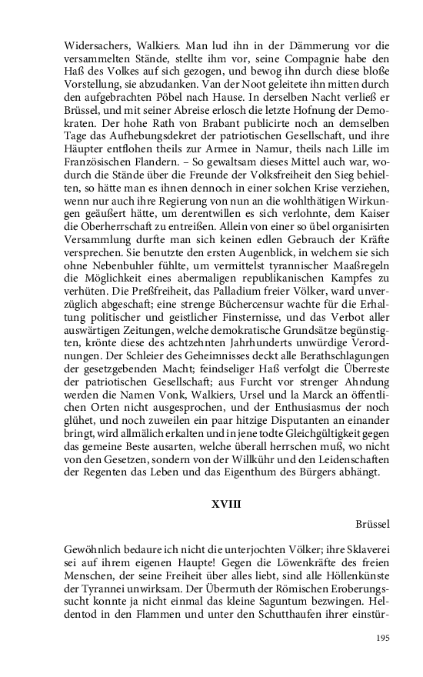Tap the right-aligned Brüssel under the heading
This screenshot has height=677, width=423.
(x=373, y=525)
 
